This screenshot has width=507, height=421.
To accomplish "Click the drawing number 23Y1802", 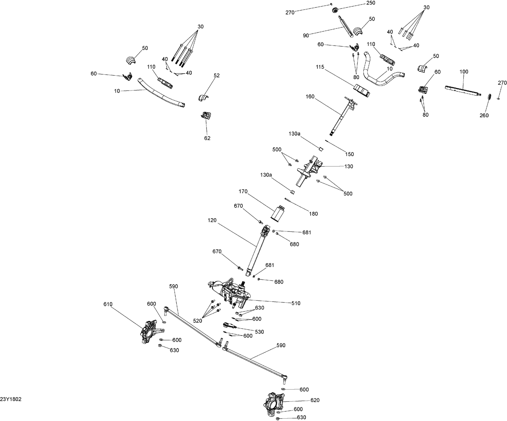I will pyautogui.click(x=11, y=399).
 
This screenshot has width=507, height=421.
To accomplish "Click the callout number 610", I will pyautogui.click(x=108, y=304).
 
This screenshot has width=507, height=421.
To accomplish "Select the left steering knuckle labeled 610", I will pyautogui.click(x=149, y=331).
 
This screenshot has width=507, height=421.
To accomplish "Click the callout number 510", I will pyautogui.click(x=296, y=303).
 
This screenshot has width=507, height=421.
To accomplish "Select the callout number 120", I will pyautogui.click(x=213, y=220).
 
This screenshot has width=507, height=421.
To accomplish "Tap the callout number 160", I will pyautogui.click(x=310, y=97).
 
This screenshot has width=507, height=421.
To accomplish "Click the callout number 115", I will pyautogui.click(x=320, y=67).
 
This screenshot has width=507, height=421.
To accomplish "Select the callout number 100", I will pyautogui.click(x=464, y=72).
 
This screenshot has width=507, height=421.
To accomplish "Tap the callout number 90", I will pyautogui.click(x=306, y=35).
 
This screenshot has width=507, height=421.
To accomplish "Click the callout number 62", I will pyautogui.click(x=207, y=138).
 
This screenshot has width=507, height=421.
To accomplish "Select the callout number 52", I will pyautogui.click(x=217, y=75).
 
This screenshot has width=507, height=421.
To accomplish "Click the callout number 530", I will pyautogui.click(x=259, y=332).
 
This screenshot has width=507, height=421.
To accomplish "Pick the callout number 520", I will pyautogui.click(x=197, y=321).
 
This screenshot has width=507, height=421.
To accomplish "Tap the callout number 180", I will pyautogui.click(x=313, y=214).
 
